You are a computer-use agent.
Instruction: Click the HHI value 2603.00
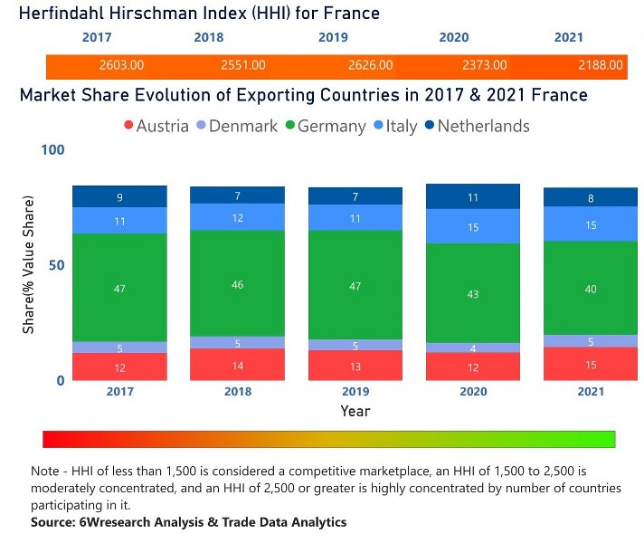pos(121,65)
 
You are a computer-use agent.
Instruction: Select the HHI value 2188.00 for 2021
pos(601,65)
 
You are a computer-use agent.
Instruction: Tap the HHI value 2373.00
pos(485,65)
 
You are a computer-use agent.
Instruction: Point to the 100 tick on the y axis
pos(53,149)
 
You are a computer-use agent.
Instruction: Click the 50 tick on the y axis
pos(57,265)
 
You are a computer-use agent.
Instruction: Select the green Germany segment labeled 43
pos(473,293)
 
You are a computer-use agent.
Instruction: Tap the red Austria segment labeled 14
pos(237,365)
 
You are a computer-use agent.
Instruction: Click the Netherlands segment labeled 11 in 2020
pos(473,196)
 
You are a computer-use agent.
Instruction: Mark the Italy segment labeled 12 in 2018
pos(237,217)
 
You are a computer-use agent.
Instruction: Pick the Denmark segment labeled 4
pos(473,348)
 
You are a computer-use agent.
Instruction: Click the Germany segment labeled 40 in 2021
pos(591,288)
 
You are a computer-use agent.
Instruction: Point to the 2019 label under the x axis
pos(355,392)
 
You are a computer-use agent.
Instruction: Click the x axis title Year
pos(355,411)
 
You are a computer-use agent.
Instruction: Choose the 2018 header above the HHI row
pos(208,38)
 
